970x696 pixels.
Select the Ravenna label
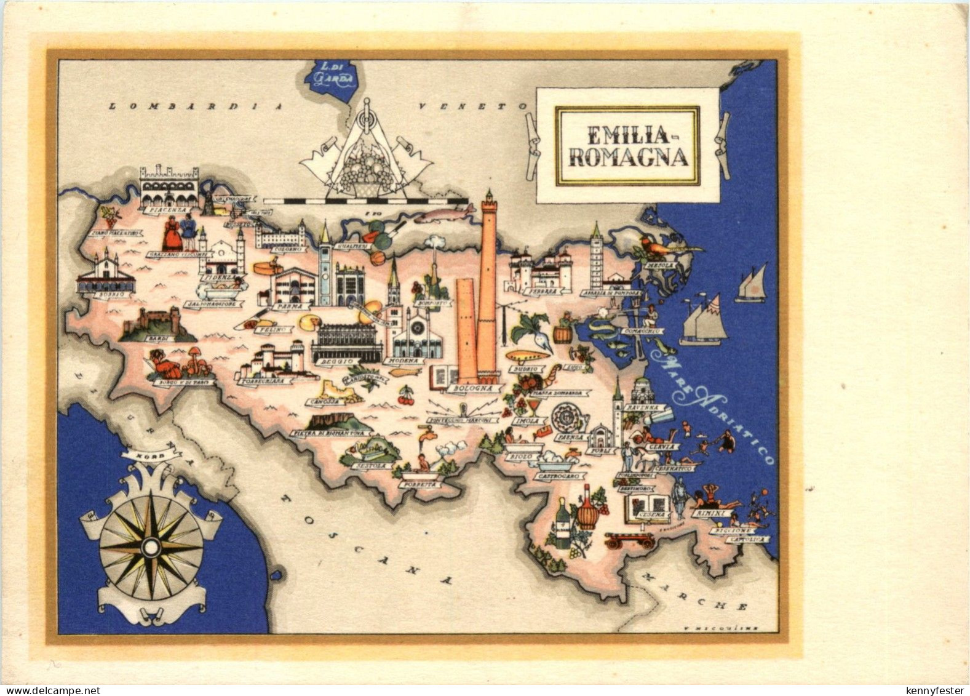pos(642,408)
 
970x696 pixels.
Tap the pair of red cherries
pos(406,396)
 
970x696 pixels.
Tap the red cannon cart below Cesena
pos(629,540)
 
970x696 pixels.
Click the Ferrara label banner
pos(545,290)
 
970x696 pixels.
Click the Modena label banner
pos(404,361)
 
